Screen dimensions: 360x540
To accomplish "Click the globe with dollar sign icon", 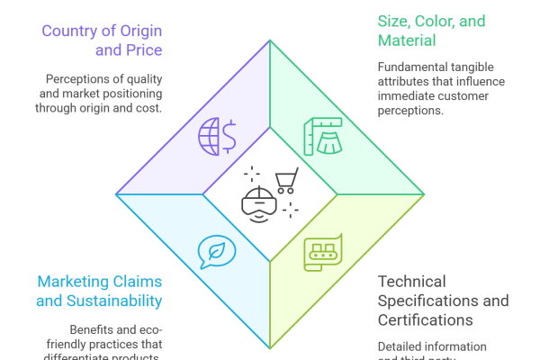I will (217, 135).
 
